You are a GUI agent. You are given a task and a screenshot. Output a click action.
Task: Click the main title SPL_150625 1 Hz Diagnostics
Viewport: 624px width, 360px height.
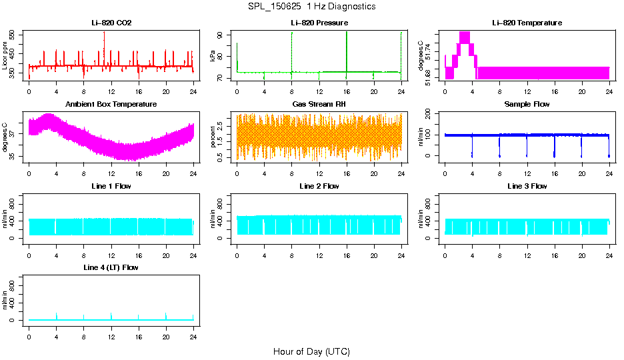[311, 7]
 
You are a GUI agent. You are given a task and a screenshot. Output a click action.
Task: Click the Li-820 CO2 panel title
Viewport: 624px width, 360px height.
[111, 23]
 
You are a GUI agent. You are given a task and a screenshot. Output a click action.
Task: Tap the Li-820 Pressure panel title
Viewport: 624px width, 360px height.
[319, 23]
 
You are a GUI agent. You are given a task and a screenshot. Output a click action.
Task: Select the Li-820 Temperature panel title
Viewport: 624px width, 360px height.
[527, 23]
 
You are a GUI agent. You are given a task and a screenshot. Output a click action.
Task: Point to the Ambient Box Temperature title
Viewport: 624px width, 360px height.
[111, 105]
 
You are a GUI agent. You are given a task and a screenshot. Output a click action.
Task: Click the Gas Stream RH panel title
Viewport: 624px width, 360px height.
[319, 105]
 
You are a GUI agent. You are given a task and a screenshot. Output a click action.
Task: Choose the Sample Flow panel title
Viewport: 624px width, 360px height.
[527, 105]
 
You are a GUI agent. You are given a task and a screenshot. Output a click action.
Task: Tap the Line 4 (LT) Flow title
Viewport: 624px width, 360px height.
[111, 267]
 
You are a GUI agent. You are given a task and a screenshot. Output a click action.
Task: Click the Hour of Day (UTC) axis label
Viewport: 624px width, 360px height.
[311, 351]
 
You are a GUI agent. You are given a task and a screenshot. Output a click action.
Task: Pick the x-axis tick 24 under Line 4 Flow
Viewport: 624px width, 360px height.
[193, 331]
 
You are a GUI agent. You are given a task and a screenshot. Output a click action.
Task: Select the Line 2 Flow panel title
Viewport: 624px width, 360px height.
[319, 186]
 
